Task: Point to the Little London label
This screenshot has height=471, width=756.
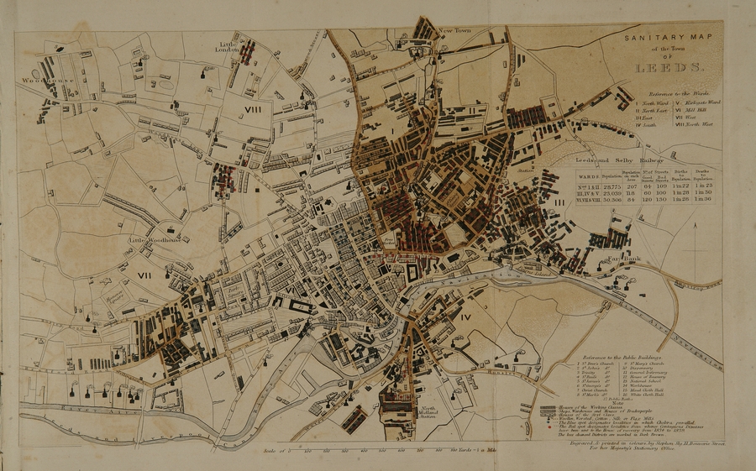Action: [236, 46]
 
